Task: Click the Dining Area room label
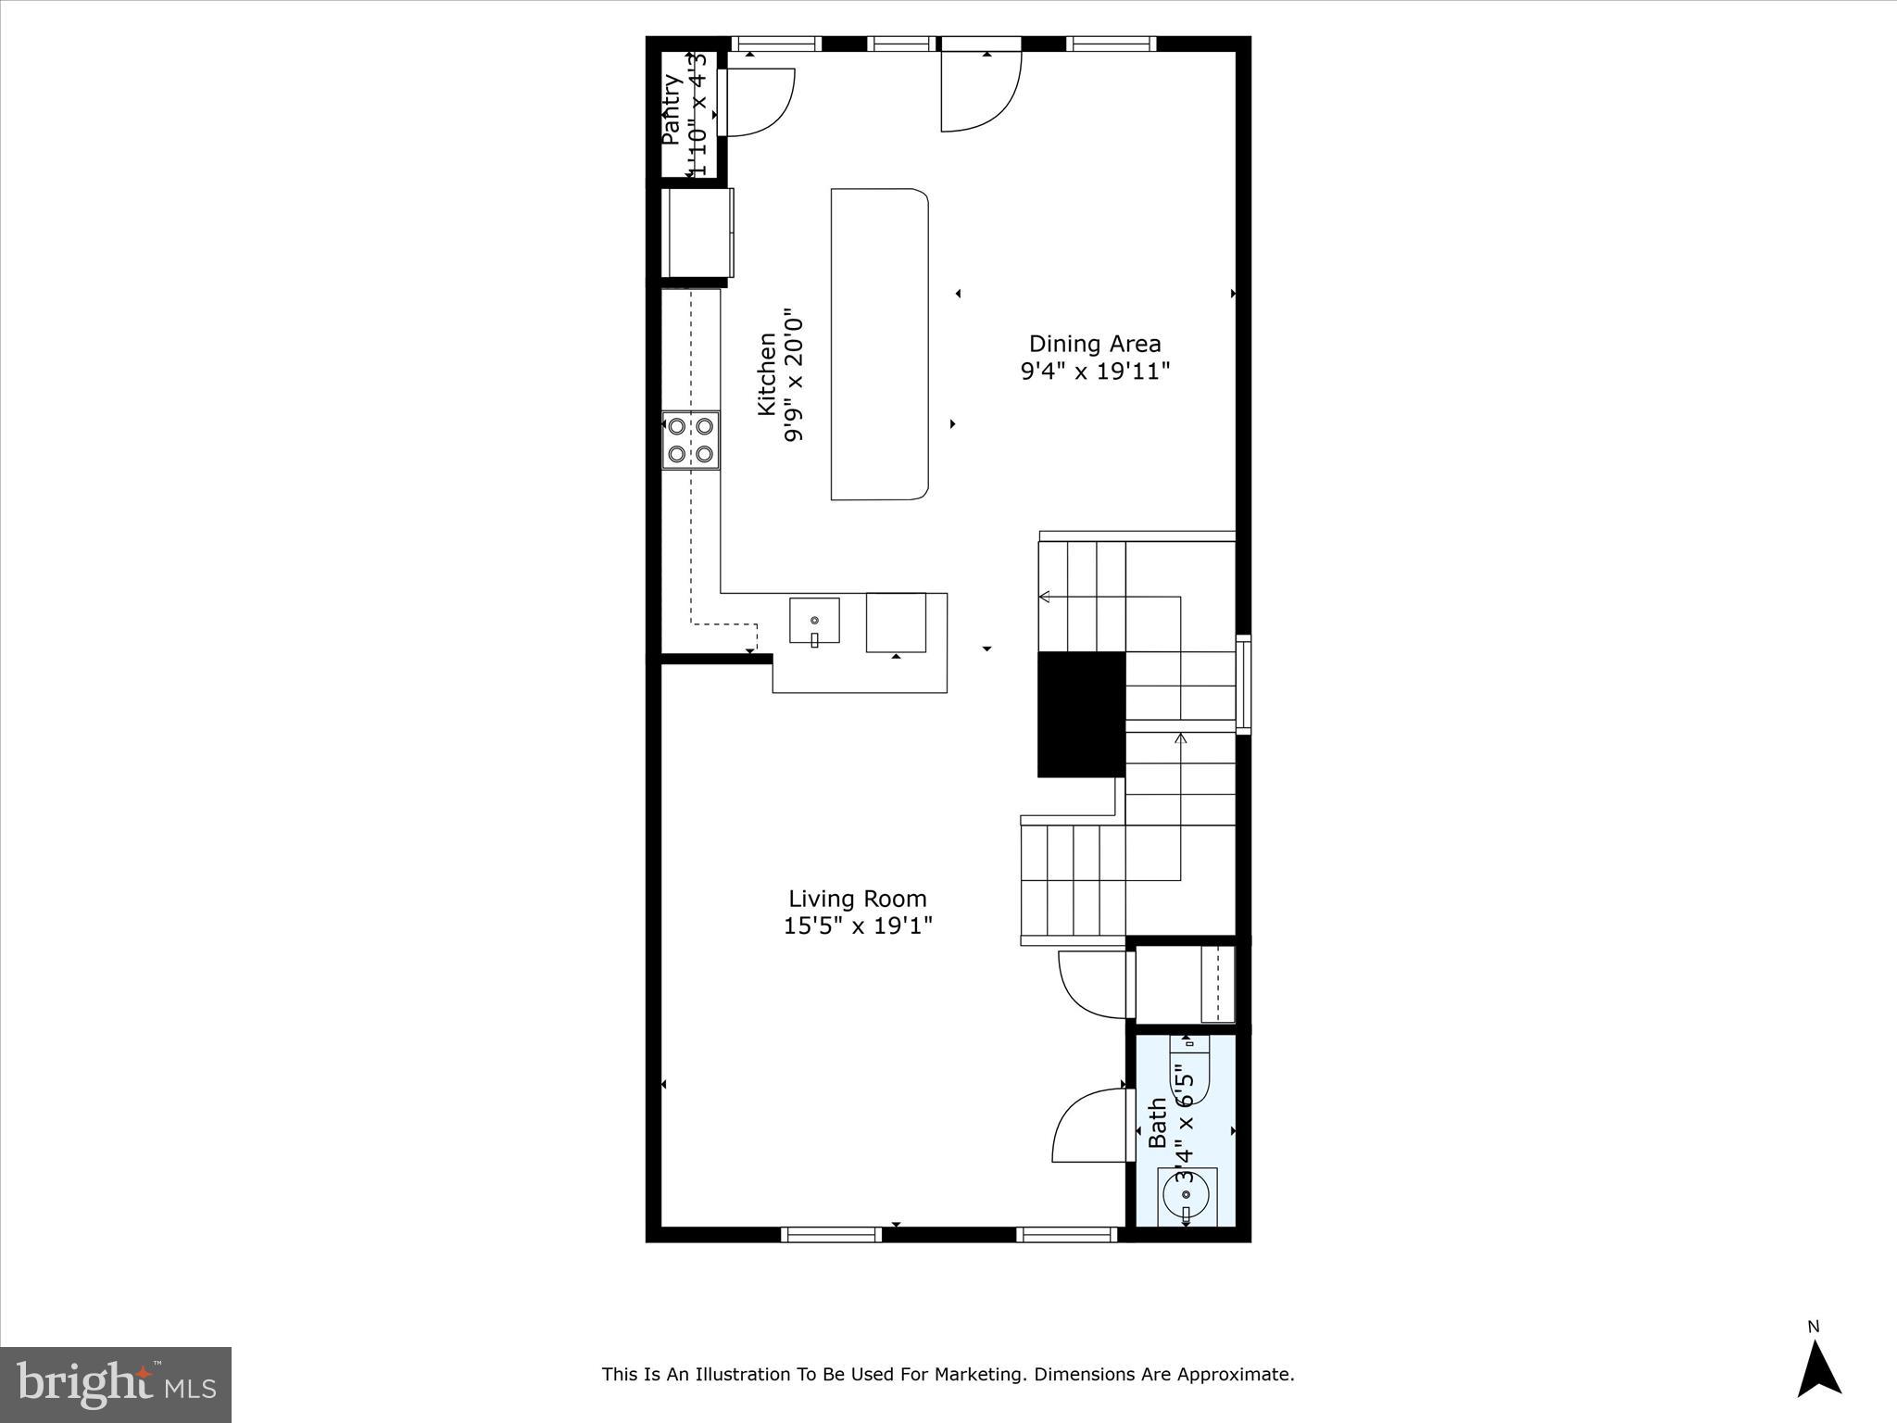click(1095, 344)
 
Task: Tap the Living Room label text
click(857, 899)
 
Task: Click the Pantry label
click(672, 108)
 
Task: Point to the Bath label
click(1158, 1123)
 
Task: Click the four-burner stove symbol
click(691, 440)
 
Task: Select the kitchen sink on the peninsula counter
click(814, 621)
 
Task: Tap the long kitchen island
click(878, 345)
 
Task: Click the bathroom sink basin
click(1187, 1197)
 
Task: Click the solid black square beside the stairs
click(1081, 714)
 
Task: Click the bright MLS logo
click(116, 1384)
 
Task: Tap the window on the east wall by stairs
click(1243, 685)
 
